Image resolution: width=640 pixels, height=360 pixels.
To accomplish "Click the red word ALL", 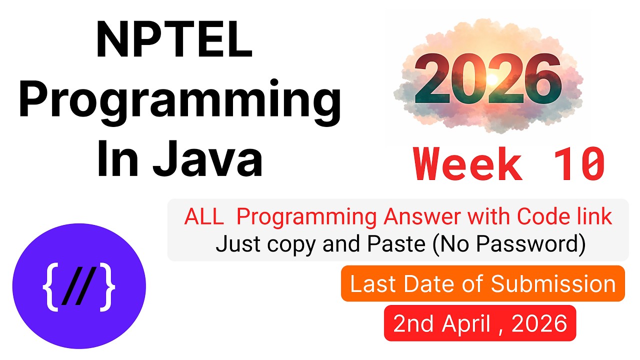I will click(x=203, y=217).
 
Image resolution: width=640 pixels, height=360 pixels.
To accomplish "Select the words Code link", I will click(x=564, y=217).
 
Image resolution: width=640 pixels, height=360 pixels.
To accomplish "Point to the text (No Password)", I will click(x=508, y=244).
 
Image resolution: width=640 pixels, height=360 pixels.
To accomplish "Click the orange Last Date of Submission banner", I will click(x=482, y=284).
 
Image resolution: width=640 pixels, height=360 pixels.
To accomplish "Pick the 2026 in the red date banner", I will click(x=539, y=323).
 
